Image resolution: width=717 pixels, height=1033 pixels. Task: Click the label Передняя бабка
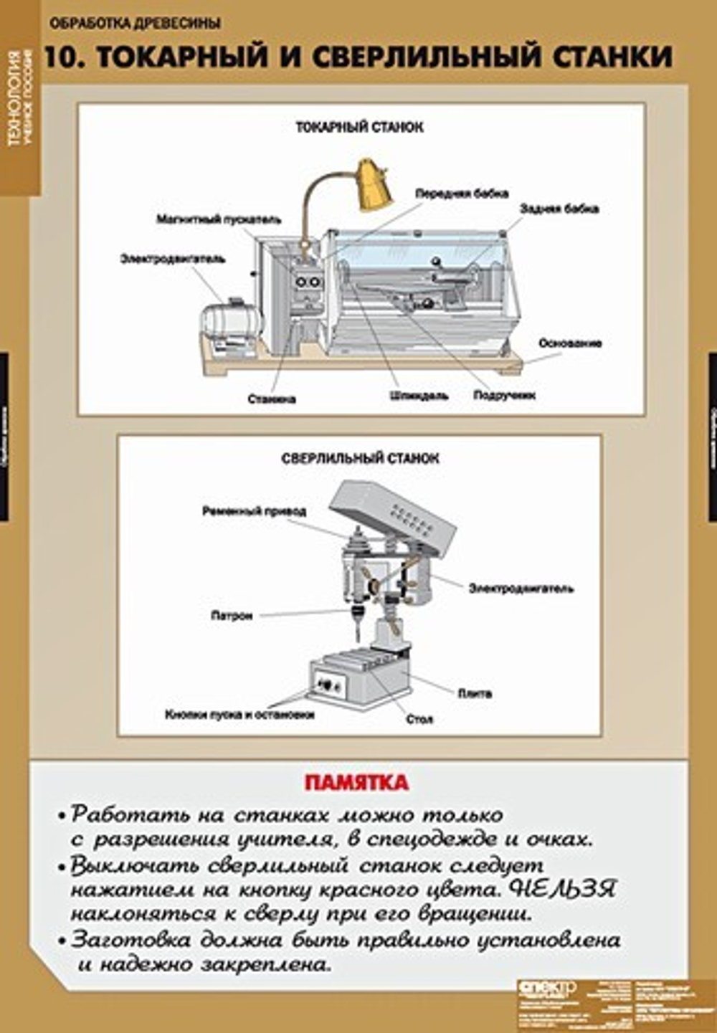pos(462,194)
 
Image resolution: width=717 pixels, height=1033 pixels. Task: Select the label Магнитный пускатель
pos(219,219)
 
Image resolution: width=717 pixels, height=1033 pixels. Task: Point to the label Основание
pos(570,343)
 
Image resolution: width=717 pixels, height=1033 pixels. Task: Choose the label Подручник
pos(504,395)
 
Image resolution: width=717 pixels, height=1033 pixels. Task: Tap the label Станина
pos(271,399)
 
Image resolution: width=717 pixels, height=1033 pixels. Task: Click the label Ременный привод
pos(254,511)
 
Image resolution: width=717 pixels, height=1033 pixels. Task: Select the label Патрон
pos(232,615)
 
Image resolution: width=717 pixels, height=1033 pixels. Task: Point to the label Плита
pos(475,693)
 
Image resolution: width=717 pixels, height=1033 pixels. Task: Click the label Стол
pos(419,719)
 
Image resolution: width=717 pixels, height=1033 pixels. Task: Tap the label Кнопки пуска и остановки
pos(239,715)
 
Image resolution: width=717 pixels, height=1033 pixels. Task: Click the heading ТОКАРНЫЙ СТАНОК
pos(359,127)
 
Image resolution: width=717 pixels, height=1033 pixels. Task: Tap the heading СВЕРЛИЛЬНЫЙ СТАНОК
pos(360,457)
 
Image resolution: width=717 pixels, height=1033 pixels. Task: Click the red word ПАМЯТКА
pos(356,782)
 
